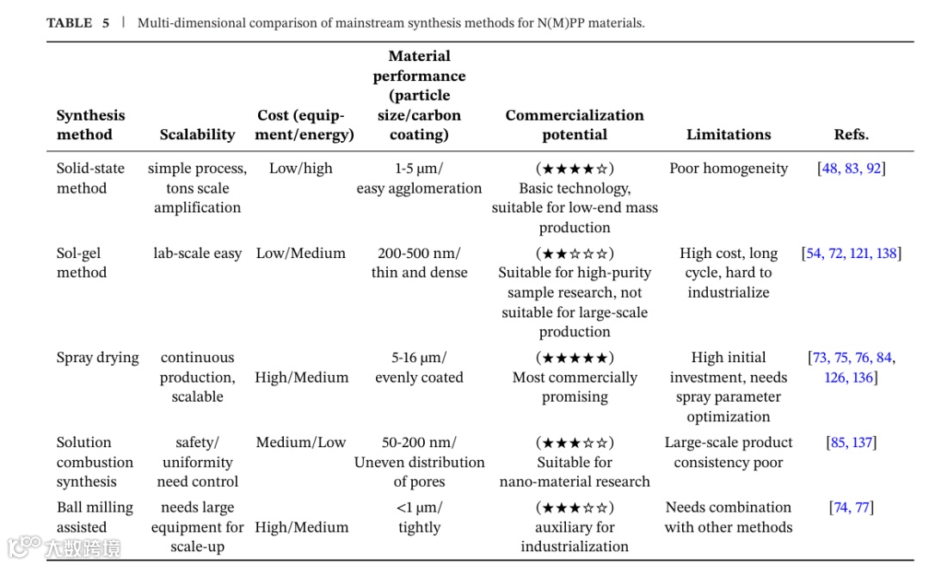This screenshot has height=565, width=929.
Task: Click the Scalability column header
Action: click(197, 134)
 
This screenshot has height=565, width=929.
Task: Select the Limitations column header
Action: click(729, 134)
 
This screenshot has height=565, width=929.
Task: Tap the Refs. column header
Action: click(851, 134)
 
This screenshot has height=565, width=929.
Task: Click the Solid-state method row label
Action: click(90, 178)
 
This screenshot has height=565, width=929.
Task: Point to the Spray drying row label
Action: click(97, 358)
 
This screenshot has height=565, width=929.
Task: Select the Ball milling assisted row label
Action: click(95, 517)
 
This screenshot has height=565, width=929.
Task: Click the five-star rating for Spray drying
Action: click(575, 358)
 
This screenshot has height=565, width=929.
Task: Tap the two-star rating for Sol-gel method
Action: click(575, 254)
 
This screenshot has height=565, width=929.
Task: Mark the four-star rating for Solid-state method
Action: click(575, 169)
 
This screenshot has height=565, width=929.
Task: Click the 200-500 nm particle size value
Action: click(419, 254)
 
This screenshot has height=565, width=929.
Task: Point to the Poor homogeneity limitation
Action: click(729, 169)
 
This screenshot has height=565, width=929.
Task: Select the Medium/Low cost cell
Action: click(300, 443)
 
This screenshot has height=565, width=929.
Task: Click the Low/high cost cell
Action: click(300, 169)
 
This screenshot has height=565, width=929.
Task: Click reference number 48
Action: click(830, 169)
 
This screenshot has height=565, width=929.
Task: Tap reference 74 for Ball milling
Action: click(840, 507)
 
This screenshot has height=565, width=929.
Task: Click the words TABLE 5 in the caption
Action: click(77, 23)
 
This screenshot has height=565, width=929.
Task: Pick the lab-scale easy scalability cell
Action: click(197, 254)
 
